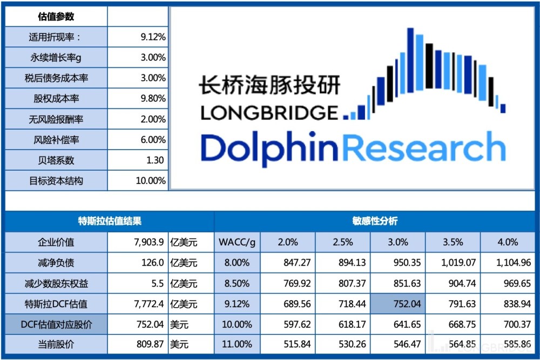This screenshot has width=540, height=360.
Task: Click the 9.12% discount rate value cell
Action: point(153,37)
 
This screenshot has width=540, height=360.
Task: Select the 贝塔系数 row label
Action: point(56,160)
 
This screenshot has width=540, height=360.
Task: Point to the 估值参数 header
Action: point(56,17)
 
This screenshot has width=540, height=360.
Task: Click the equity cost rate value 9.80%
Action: point(153,99)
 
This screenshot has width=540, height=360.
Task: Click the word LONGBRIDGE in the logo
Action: point(268,112)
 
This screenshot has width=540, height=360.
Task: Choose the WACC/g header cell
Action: point(237,242)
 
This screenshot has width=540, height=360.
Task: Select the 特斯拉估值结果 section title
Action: point(110,221)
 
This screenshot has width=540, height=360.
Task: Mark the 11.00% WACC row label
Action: point(237,344)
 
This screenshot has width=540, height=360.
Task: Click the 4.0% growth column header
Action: point(507,242)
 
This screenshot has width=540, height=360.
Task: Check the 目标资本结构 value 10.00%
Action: point(151,181)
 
